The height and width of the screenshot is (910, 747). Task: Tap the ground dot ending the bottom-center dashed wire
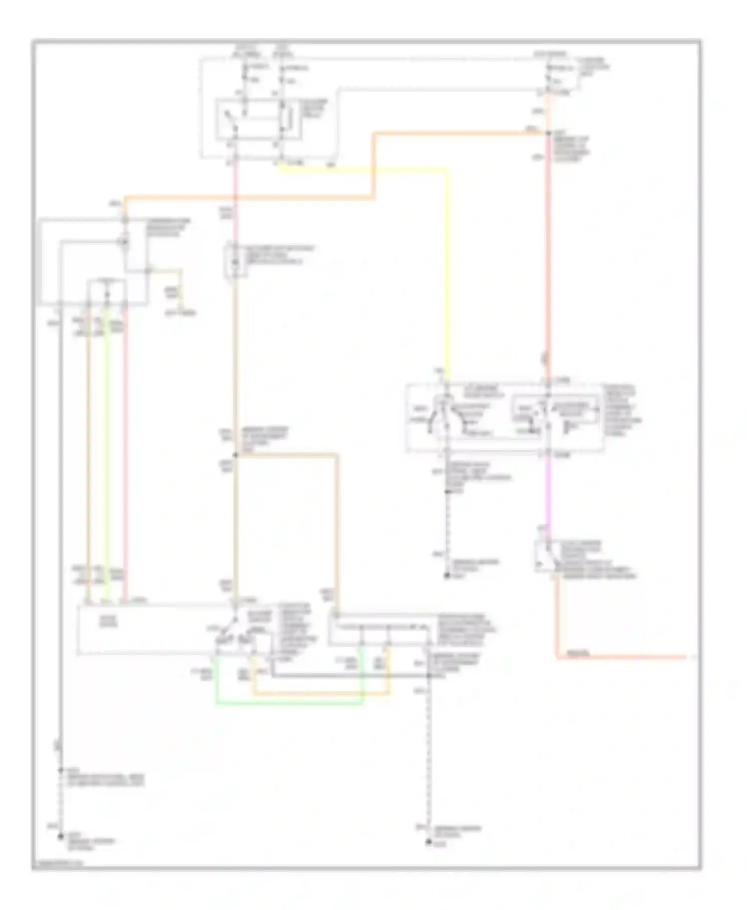(428, 842)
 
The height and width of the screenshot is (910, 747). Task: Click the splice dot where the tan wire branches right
(235, 455)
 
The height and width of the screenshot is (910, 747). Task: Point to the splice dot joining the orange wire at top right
(547, 133)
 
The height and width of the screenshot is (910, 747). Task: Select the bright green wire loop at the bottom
(289, 703)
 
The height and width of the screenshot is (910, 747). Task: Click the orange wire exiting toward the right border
(622, 657)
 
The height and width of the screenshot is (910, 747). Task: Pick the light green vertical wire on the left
(106, 448)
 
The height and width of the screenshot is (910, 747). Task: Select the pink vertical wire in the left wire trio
(124, 448)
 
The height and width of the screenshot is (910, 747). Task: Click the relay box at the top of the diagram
(258, 119)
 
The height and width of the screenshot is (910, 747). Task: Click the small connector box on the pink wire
(235, 259)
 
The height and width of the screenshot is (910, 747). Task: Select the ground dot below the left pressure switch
(447, 576)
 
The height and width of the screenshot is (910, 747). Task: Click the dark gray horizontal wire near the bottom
(349, 676)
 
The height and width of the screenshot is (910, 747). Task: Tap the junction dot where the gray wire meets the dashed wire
(428, 676)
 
